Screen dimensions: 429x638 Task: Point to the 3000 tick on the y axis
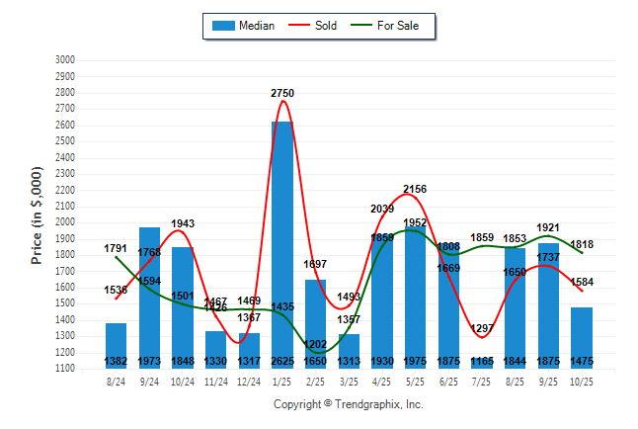coord(65,60)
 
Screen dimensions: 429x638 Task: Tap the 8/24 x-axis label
coord(117,382)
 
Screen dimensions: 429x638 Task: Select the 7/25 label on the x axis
coord(482,382)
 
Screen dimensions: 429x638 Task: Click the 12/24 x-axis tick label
coord(249,382)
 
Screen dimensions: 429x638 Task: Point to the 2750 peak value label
coord(282,92)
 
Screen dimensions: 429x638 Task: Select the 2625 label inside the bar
coord(282,361)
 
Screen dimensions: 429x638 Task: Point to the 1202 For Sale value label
coord(316,344)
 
